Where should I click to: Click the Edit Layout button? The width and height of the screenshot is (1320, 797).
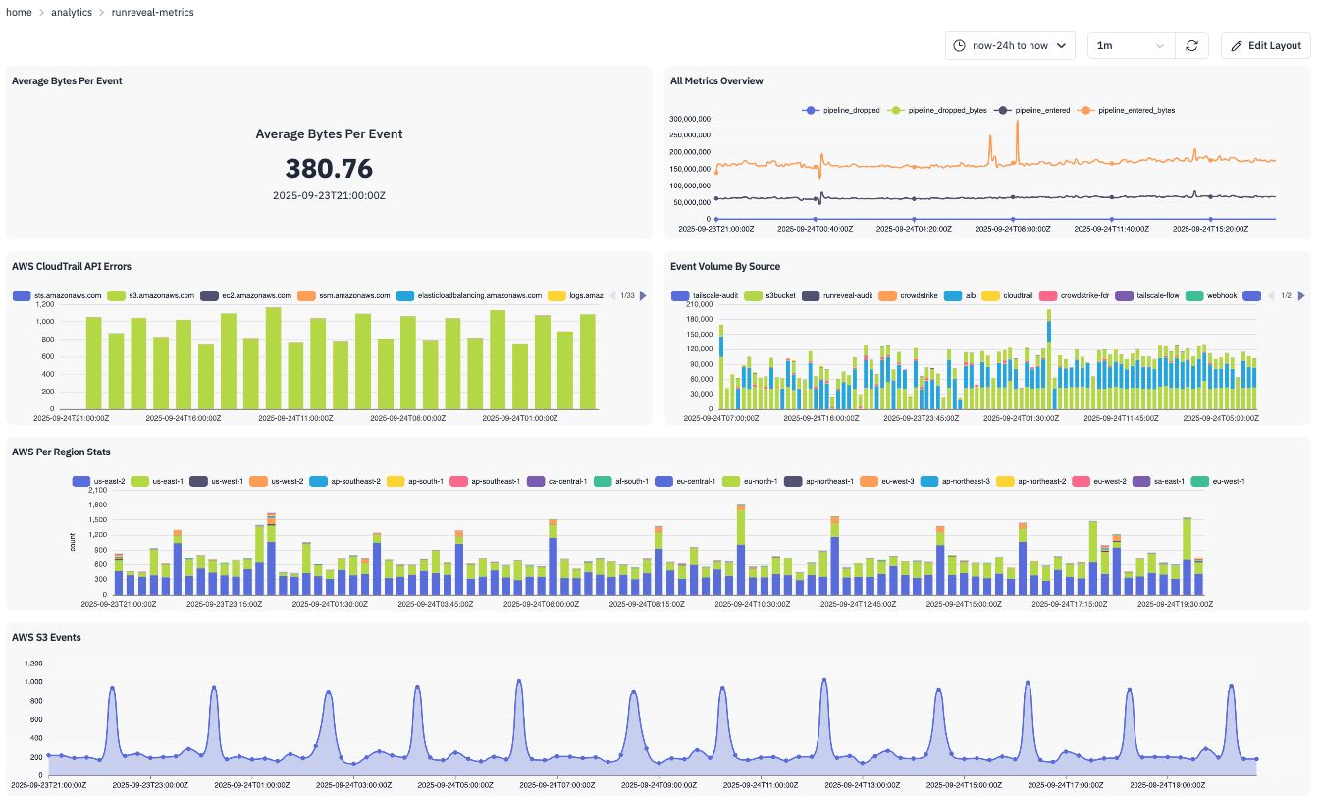coord(1265,45)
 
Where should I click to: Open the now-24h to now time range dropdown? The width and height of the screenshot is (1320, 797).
coord(1010,45)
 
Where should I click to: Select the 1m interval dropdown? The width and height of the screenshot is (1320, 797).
coord(1131,45)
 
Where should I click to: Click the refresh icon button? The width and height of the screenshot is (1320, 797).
coord(1190,45)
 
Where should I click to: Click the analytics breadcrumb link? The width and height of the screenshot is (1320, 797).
coord(73,12)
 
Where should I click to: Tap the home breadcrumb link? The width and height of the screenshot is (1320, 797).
coord(19,12)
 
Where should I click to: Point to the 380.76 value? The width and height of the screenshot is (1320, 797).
coord(329,169)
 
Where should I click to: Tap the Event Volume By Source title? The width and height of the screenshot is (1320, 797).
coord(724,266)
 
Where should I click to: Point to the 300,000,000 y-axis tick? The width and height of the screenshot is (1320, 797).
coord(689,119)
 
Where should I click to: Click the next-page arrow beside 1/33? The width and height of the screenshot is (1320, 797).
coord(643,295)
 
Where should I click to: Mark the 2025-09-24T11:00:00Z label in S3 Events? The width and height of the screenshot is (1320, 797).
coord(755,785)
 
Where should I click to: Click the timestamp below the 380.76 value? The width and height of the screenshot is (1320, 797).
coord(329,195)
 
